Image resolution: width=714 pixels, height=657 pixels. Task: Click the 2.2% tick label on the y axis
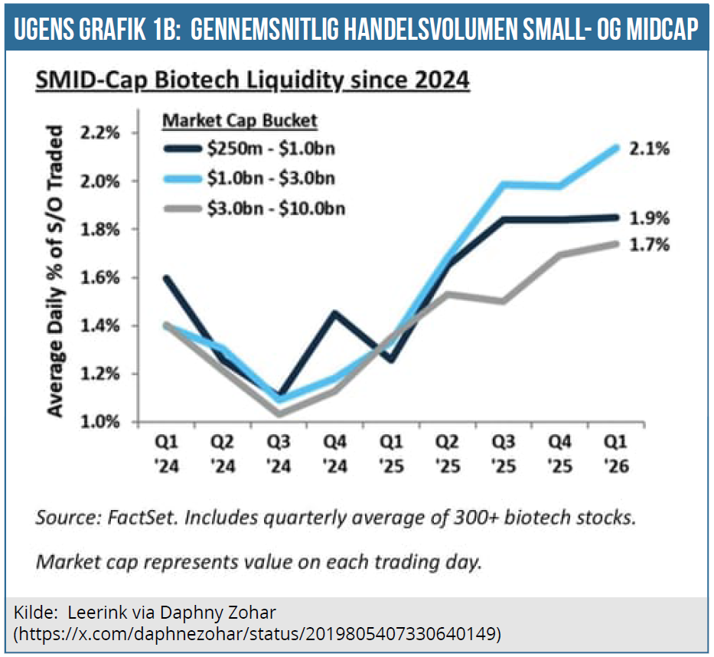pos(101,132)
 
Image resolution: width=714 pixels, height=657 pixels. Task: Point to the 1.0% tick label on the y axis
pos(101,422)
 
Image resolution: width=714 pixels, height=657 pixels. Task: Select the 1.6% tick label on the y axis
pos(101,277)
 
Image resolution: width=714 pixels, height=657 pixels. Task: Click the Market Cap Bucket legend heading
pos(240,120)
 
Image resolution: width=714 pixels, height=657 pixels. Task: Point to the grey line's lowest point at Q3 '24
pos(280,414)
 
